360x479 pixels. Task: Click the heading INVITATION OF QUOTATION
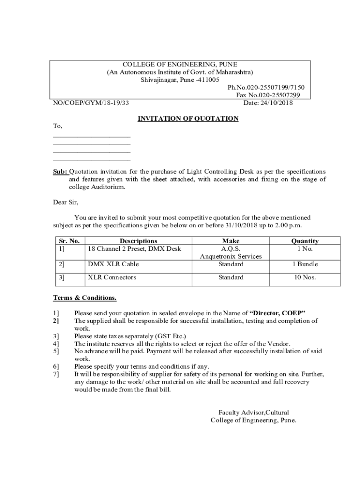pos(188,119)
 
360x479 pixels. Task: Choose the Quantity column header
pos(305,241)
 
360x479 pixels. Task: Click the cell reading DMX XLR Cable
pos(114,264)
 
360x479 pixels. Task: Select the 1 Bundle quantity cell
pos(305,264)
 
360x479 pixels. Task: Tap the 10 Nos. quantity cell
pos(305,277)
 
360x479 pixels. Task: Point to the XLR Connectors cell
pos(112,277)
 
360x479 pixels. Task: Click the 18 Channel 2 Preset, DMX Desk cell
pos(134,248)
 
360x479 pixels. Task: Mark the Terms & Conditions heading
pos(85,298)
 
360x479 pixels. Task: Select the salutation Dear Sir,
pos(66,203)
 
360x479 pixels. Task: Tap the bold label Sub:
pos(60,172)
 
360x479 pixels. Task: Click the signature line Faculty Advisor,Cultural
pos(253,412)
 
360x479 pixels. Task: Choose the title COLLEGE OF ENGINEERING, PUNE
pos(180,64)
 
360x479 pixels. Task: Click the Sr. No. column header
pos(69,241)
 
